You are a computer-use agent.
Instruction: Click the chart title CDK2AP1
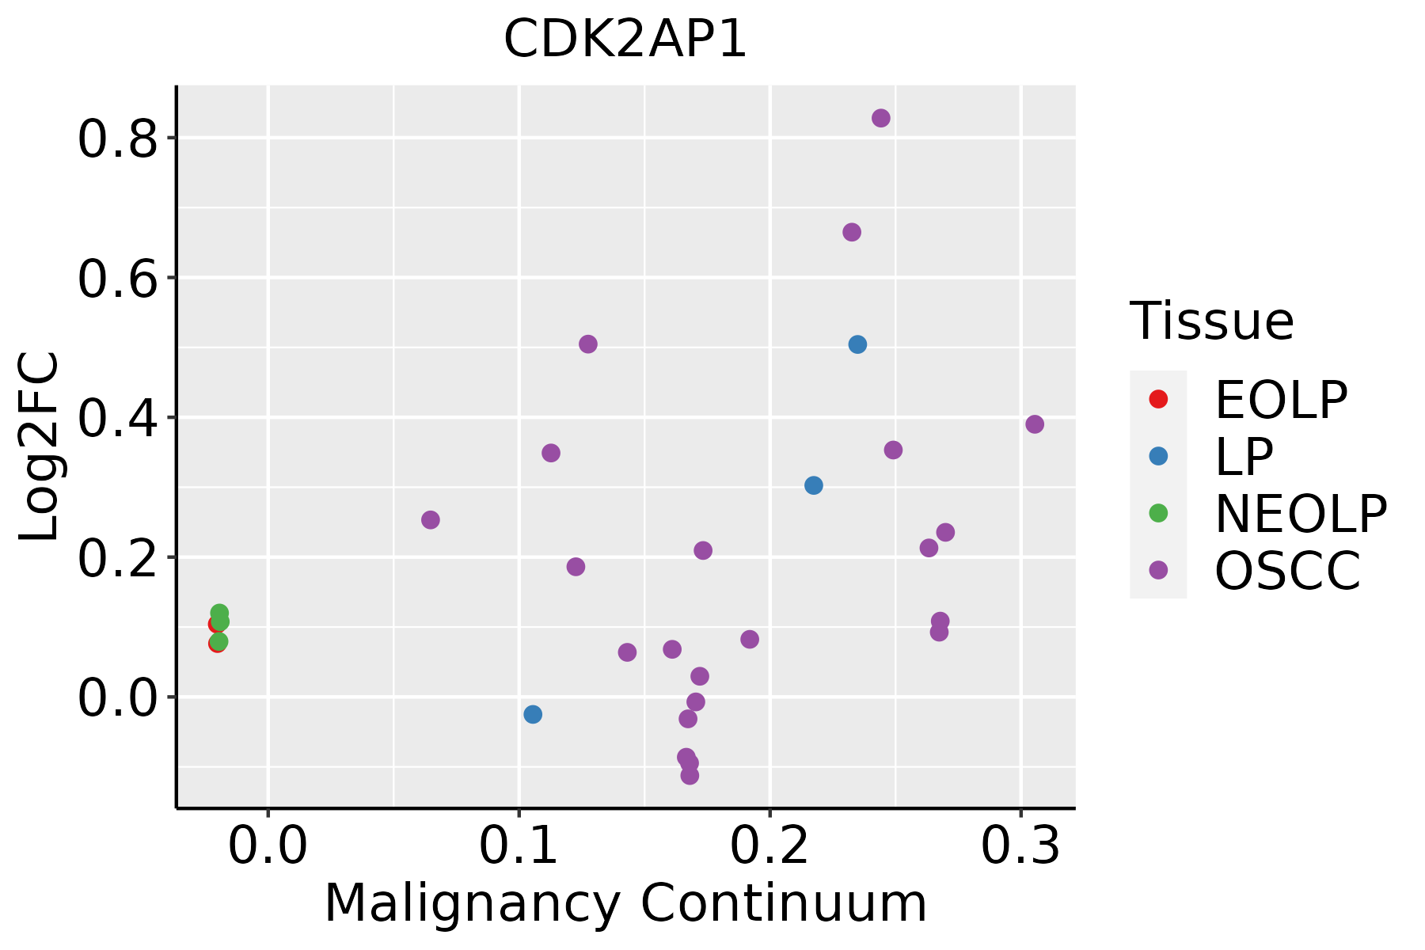(x=625, y=40)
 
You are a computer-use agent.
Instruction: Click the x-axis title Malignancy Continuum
(x=625, y=904)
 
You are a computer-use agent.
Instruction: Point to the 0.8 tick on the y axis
(x=117, y=139)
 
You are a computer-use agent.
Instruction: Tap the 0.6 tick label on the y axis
(x=117, y=279)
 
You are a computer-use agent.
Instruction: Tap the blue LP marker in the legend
(x=1158, y=456)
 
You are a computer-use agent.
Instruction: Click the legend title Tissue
(x=1212, y=321)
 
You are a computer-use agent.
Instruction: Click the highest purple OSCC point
(x=881, y=118)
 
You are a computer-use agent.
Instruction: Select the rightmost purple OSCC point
(x=1035, y=424)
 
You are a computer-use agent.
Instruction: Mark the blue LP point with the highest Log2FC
(x=857, y=344)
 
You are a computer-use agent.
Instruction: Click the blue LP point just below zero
(x=533, y=714)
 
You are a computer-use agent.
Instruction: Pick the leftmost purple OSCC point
(x=431, y=520)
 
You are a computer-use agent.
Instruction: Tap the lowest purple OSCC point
(x=690, y=775)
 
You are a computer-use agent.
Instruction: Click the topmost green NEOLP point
(x=219, y=613)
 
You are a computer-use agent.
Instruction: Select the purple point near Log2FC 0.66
(x=852, y=232)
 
